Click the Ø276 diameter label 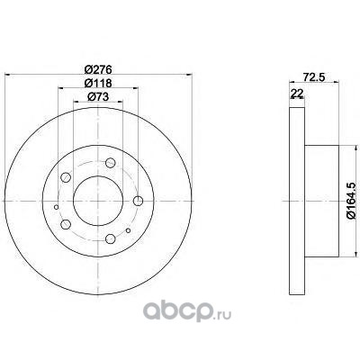point(98,69)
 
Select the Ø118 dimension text point(98,83)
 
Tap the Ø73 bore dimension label point(98,96)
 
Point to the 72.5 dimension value point(314,77)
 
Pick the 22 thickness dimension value point(297,94)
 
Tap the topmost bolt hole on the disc point(111,163)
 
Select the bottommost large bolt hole point(111,238)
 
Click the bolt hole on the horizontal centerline point(138,201)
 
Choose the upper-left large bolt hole point(66,177)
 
